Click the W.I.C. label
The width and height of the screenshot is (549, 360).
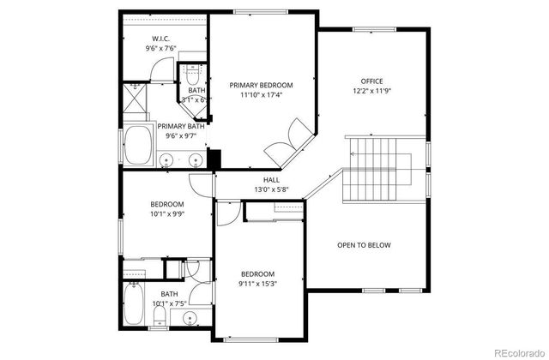pos(160,39)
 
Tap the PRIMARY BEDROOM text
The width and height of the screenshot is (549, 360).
pos(261,86)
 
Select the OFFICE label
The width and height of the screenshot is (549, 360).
pos(371,81)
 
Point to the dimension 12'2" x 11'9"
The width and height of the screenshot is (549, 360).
pos(371,91)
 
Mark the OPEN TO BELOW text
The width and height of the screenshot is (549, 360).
pos(363,245)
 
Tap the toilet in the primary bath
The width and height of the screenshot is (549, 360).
pos(192,74)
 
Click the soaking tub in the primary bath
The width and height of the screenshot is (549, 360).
pos(137,146)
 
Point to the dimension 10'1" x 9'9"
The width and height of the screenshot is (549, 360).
pos(167,214)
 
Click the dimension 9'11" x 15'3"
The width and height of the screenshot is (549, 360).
pos(257,285)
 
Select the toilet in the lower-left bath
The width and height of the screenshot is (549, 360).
pos(160,321)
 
